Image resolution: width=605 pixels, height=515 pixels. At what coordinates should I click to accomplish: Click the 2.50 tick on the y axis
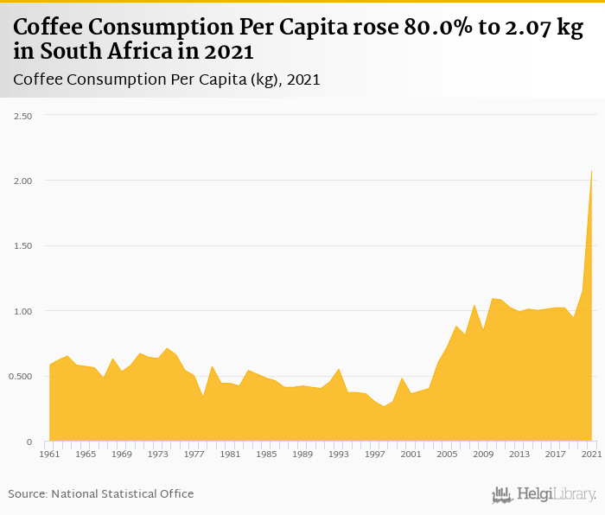coord(22,116)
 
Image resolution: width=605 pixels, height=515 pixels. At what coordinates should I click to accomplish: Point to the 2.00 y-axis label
coord(22,181)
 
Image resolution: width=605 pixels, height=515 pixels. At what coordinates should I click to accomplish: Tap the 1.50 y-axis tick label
coord(22,246)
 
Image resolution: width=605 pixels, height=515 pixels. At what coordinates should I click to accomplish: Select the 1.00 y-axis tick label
coord(22,311)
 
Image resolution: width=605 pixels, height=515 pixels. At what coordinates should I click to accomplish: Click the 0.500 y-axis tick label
coord(21,377)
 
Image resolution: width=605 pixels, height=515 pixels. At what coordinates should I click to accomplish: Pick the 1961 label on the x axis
coord(50,454)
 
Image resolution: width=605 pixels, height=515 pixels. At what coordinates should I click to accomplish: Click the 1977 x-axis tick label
coord(194,454)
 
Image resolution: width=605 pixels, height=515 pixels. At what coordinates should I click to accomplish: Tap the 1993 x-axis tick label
coord(339,454)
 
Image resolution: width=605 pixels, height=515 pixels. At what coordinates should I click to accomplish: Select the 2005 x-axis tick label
coord(447,454)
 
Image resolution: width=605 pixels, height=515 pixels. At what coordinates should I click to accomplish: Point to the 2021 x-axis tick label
coord(591,454)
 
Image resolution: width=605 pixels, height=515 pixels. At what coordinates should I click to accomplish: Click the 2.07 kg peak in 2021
coord(591,171)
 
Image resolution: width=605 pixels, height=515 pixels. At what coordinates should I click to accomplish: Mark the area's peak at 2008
coord(474,305)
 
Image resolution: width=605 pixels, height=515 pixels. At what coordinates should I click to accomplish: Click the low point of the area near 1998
coord(384,406)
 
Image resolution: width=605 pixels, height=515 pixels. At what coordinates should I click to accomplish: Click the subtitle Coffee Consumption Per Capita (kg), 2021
coord(167,80)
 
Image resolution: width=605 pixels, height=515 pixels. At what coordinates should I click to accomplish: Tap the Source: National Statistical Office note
coord(101,493)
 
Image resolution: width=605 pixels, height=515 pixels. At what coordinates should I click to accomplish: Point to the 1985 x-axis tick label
coord(266,454)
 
